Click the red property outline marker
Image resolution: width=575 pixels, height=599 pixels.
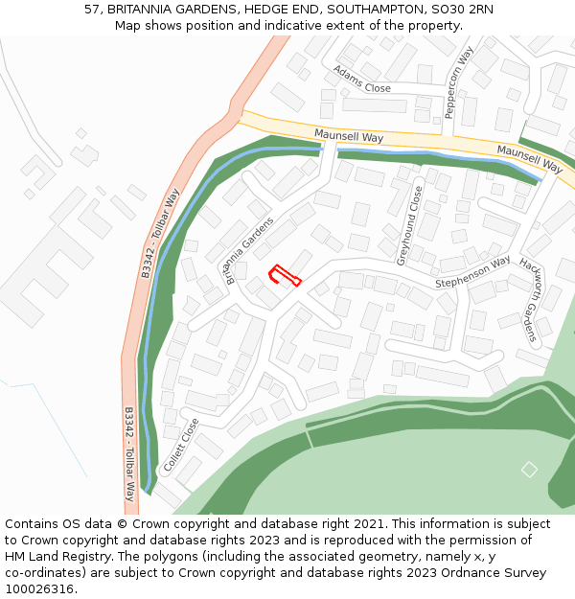[284, 276]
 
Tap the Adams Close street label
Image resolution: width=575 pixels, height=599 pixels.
[362, 81]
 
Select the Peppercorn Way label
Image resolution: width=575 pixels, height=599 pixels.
[459, 83]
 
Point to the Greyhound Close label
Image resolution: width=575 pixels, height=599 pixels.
[409, 226]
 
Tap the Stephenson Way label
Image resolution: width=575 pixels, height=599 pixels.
[472, 272]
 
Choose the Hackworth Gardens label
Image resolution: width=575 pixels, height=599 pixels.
[528, 299]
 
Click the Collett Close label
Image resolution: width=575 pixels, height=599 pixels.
[182, 444]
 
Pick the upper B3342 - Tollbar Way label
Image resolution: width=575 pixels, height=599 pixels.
[160, 234]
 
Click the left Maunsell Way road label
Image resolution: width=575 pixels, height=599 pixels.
[349, 138]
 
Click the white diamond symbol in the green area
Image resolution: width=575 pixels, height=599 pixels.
[529, 470]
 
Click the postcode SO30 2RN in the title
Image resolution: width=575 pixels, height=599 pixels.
[463, 10]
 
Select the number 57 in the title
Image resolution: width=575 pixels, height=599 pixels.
[92, 10]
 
